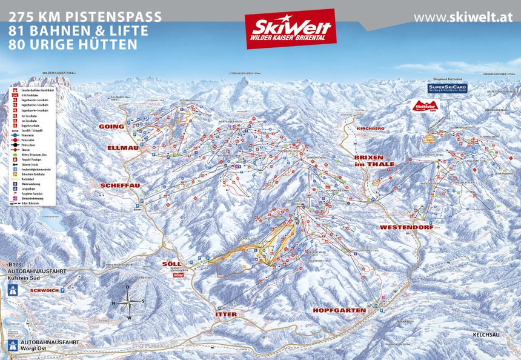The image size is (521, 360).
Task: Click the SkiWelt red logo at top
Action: (x=290, y=28)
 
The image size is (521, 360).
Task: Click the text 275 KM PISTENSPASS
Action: (x=85, y=16)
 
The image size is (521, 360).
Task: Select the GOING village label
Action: (x=111, y=127)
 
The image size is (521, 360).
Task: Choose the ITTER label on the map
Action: (x=226, y=315)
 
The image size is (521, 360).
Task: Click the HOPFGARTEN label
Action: (x=339, y=310)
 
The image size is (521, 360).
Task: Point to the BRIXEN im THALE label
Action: (x=374, y=160)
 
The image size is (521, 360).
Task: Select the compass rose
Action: (x=128, y=302)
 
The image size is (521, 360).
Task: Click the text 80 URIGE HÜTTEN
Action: (x=73, y=45)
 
